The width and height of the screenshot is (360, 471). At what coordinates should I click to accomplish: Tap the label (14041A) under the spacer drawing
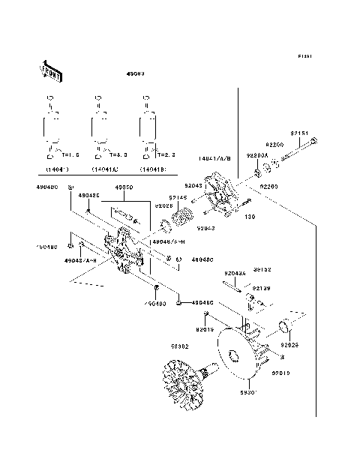(x=103, y=170)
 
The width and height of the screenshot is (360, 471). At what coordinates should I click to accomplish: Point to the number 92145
(x=178, y=197)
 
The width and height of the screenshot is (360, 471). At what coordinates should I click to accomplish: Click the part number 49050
(x=123, y=188)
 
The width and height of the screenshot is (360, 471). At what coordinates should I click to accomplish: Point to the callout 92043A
(x=235, y=274)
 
